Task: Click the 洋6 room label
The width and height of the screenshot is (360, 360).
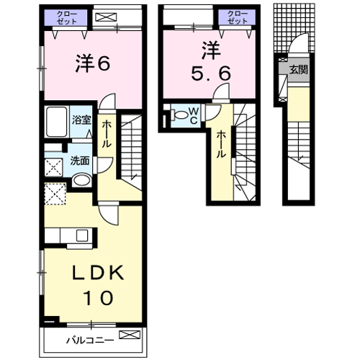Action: pyautogui.click(x=93, y=64)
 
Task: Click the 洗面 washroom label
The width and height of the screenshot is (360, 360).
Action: pyautogui.click(x=79, y=161)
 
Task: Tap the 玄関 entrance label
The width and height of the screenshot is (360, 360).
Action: pyautogui.click(x=299, y=70)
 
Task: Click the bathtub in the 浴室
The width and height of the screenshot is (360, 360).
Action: pyautogui.click(x=55, y=125)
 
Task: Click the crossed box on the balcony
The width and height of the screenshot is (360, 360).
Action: pyautogui.click(x=130, y=336)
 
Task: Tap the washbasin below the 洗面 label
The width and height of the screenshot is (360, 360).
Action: pyautogui.click(x=81, y=180)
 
